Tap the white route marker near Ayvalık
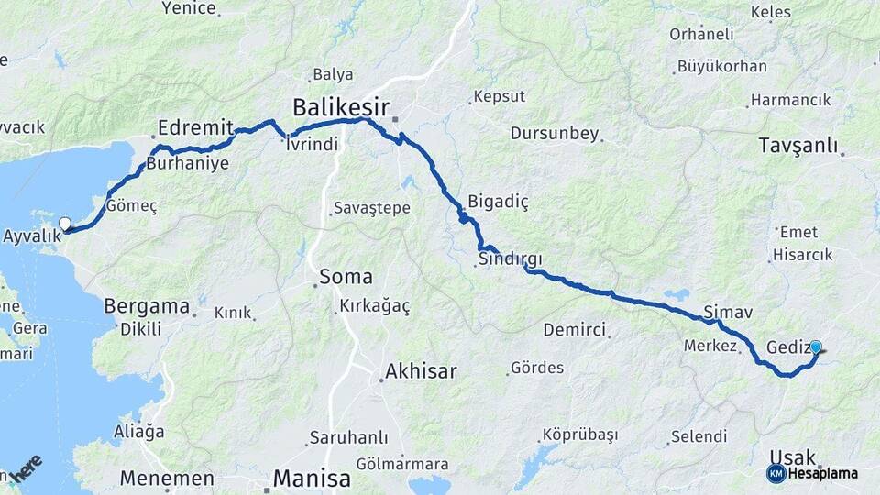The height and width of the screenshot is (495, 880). click(65, 224)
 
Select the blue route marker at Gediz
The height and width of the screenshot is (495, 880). click(815, 347)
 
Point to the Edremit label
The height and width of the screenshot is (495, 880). click(196, 127)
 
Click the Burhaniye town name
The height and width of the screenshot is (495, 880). click(187, 165)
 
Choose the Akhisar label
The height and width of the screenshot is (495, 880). click(421, 371)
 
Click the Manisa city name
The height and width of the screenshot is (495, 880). click(312, 478)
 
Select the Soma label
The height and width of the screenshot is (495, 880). click(346, 276)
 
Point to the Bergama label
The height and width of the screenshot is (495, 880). click(147, 306)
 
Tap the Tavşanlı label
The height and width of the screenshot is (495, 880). click(798, 146)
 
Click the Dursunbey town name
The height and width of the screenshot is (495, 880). click(554, 134)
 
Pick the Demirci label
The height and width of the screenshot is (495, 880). click(575, 329)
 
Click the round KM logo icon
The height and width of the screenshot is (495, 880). click(775, 473)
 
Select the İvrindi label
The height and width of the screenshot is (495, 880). click(312, 144)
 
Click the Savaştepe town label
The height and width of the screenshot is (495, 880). click(371, 208)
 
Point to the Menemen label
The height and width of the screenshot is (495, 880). click(168, 478)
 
